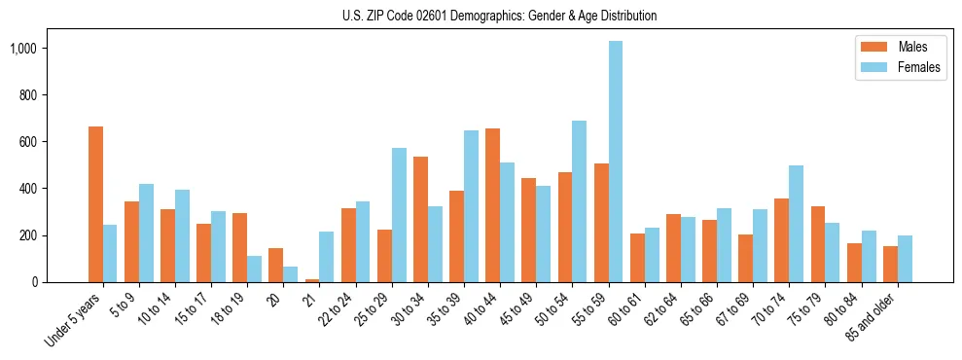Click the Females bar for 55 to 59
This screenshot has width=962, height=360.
(615, 162)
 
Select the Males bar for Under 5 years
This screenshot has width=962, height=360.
(95, 204)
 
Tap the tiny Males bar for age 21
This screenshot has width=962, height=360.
(312, 280)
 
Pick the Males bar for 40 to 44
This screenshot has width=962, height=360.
(492, 205)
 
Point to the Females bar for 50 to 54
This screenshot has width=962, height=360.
(579, 201)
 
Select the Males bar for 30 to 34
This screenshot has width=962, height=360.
(420, 219)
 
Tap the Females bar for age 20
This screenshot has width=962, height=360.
(291, 274)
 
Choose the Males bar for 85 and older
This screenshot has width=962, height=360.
(889, 264)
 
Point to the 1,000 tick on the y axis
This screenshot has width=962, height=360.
(44, 49)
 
